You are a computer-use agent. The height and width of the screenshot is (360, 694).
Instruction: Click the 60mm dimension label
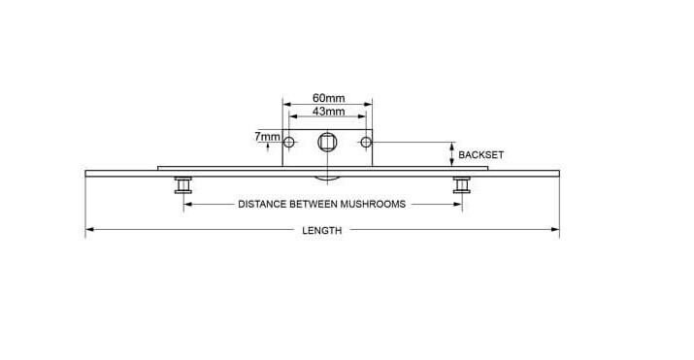(x=328, y=98)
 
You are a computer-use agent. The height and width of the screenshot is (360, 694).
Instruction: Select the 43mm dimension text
(x=328, y=112)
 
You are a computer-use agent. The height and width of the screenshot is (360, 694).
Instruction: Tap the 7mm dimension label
(x=267, y=137)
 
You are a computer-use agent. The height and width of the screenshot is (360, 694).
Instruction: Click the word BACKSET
(x=480, y=155)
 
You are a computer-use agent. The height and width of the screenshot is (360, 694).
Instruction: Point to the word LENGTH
(x=322, y=230)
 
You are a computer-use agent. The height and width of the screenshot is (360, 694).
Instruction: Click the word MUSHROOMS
(x=373, y=204)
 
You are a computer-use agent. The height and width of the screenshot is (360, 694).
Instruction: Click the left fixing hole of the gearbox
(x=289, y=143)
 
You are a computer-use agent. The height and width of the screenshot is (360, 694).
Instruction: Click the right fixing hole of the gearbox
(x=366, y=143)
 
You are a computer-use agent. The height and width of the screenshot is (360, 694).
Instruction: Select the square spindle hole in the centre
(x=327, y=143)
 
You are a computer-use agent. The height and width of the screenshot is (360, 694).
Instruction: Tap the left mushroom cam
(x=183, y=185)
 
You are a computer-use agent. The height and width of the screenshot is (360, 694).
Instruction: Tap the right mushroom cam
(x=462, y=185)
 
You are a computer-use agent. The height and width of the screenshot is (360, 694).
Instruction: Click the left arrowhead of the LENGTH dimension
(x=90, y=230)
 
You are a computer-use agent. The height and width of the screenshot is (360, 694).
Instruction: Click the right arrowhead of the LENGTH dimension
(x=555, y=230)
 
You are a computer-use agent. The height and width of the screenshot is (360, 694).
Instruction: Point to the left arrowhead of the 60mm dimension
(x=287, y=105)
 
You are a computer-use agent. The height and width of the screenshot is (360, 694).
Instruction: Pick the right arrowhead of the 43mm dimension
(x=362, y=116)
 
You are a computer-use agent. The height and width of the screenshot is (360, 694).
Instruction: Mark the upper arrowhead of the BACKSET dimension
(x=452, y=147)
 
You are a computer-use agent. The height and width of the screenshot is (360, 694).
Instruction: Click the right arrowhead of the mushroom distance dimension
(x=457, y=205)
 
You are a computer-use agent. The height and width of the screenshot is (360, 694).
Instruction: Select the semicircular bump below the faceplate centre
(x=327, y=179)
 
